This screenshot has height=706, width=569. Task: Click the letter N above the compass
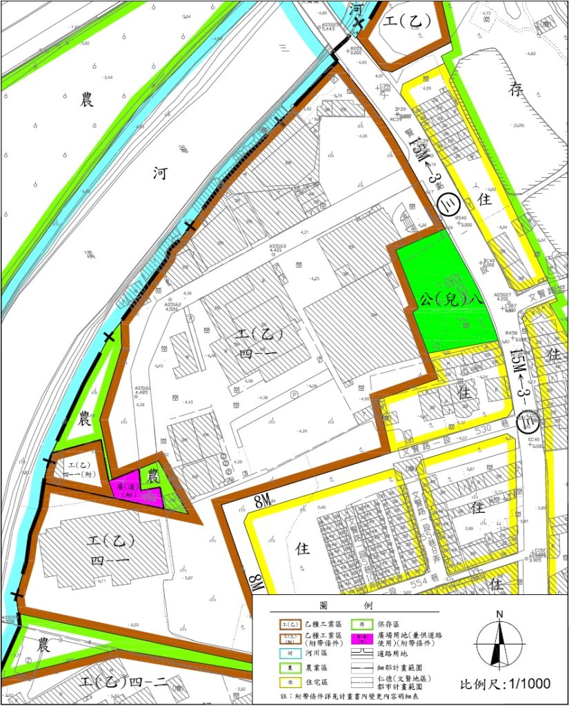[x=499, y=614]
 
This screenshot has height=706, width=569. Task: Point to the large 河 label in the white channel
[x=160, y=174]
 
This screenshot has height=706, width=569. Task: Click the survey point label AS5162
[x=177, y=303]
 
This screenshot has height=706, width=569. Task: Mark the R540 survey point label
[x=463, y=218]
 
